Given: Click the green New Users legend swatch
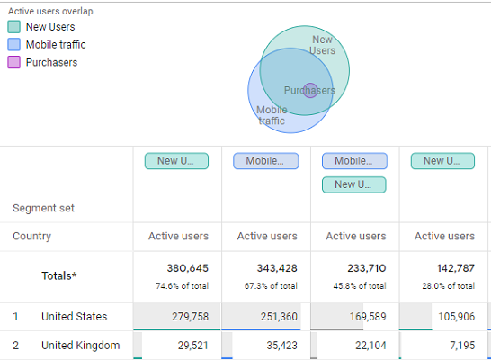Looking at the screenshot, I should [x=13, y=27].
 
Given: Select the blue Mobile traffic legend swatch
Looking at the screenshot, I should [x=13, y=45].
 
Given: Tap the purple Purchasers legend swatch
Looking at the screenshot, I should [x=13, y=63].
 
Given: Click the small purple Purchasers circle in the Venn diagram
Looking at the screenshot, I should [x=310, y=90].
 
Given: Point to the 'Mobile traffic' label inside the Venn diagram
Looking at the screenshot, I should [x=272, y=115].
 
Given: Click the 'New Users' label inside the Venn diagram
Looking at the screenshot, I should [x=322, y=45].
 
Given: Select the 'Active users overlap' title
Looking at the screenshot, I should [x=50, y=12].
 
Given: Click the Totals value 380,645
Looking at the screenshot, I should [x=187, y=268].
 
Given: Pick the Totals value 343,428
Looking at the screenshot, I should [x=276, y=268].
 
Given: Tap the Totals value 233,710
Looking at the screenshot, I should [x=364, y=268].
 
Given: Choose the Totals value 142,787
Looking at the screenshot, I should [x=453, y=268].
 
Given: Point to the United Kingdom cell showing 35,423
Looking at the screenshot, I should [x=276, y=346].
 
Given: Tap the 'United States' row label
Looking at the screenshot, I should [x=74, y=317].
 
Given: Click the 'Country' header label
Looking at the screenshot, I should [x=31, y=237].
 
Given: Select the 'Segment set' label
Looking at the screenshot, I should [x=43, y=209].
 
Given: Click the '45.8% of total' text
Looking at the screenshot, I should [x=355, y=286].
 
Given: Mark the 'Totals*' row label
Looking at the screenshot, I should [x=59, y=276].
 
